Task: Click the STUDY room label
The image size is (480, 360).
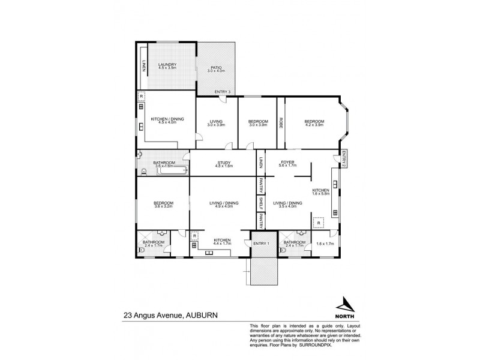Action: [223, 161]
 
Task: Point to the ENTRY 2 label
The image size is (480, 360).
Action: [344, 158]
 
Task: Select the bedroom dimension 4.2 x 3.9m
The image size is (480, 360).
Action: [314, 125]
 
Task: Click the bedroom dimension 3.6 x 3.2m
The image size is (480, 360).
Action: [163, 207]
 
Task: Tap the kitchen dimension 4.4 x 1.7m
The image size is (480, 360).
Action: [223, 244]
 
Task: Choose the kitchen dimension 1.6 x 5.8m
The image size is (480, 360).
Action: [322, 194]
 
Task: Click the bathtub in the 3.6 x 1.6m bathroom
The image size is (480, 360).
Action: [172, 171]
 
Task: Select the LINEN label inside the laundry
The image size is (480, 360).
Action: [144, 65]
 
